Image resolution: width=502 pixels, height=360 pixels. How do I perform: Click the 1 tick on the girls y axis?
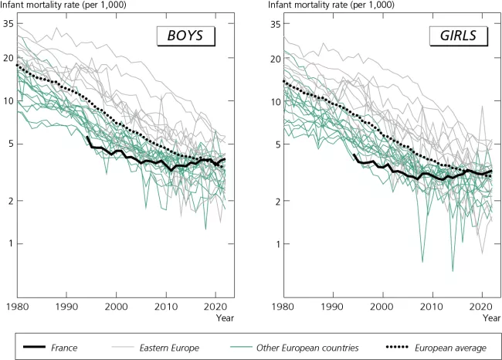point(277,243)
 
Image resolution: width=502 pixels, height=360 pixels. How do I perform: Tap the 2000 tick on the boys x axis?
point(117,306)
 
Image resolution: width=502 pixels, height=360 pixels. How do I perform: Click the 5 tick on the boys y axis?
point(10,144)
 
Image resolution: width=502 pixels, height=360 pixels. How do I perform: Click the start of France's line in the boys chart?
point(87,138)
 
